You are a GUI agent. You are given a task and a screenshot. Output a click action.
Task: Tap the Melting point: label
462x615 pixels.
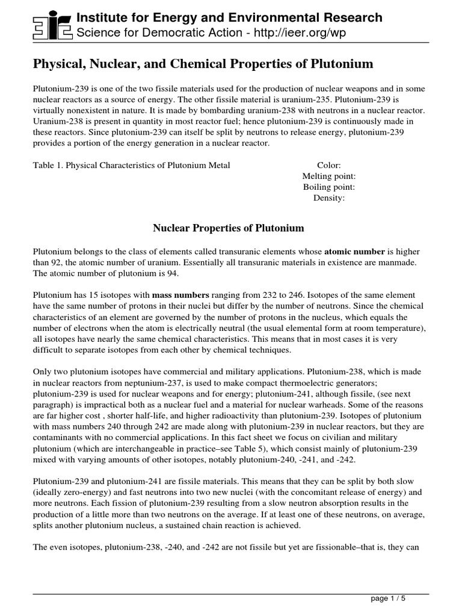[329, 176]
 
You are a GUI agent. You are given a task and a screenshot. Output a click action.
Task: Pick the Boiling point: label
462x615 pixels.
[329, 187]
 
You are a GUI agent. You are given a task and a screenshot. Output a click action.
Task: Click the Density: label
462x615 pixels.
[329, 198]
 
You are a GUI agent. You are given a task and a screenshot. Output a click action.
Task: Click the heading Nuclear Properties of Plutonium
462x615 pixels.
[229, 228]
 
